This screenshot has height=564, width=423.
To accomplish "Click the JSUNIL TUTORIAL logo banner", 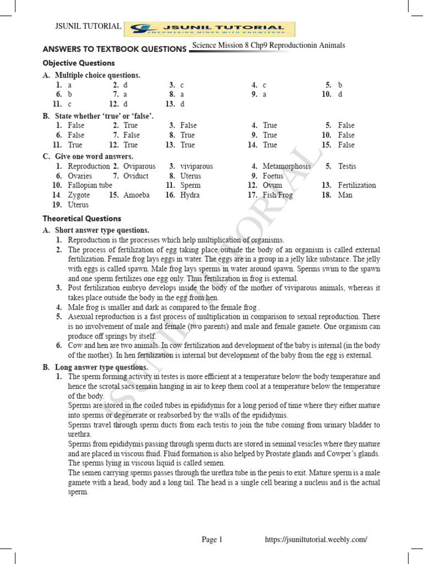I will coord(209,29).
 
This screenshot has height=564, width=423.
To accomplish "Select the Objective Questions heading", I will coord(79,63).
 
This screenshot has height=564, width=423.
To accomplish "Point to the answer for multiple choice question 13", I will coord(182,104).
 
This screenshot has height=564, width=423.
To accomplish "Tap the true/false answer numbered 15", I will coord(346,145).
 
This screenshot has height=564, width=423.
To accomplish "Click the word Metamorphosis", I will coord(286,166).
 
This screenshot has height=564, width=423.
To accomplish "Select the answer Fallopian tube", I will coord(90,185).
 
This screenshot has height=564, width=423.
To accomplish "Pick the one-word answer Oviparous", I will coord(139,166).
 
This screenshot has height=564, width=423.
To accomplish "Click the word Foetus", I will coord(273,176).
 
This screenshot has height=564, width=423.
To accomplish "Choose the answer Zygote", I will coord(79,195).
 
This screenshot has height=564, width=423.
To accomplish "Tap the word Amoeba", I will coord(136,195).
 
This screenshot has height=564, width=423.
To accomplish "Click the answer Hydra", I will coord(189,195).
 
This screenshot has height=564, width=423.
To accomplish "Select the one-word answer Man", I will coord(345,195).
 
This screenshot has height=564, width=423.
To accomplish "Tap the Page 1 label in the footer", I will coord(212,540).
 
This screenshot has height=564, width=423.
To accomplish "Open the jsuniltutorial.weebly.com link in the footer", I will coord(316,540).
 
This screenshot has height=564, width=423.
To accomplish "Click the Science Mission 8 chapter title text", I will coord(269,45).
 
